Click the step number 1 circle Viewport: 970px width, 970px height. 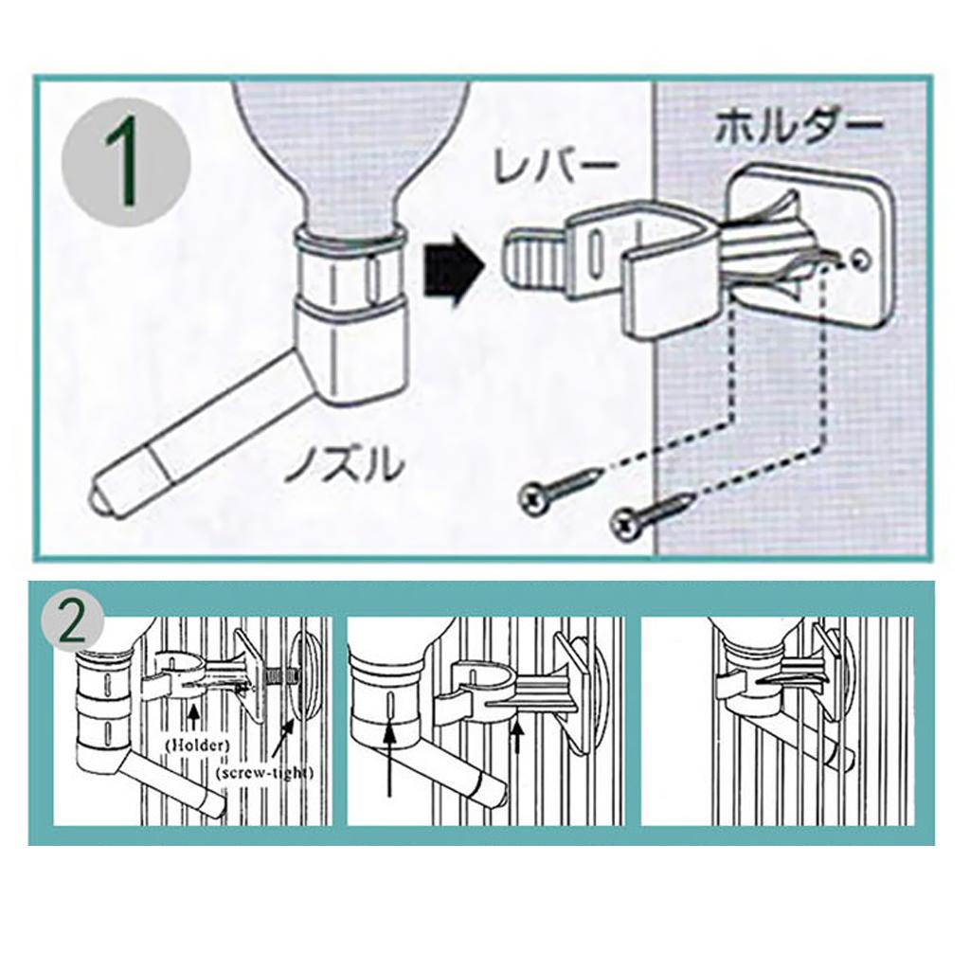pyautogui.click(x=126, y=162)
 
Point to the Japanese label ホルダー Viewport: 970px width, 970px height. pyautogui.click(x=799, y=128)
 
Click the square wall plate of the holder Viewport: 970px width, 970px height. pyautogui.click(x=812, y=247)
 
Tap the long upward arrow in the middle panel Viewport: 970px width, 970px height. pyautogui.click(x=389, y=759)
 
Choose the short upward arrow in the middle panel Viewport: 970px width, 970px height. pyautogui.click(x=518, y=735)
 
